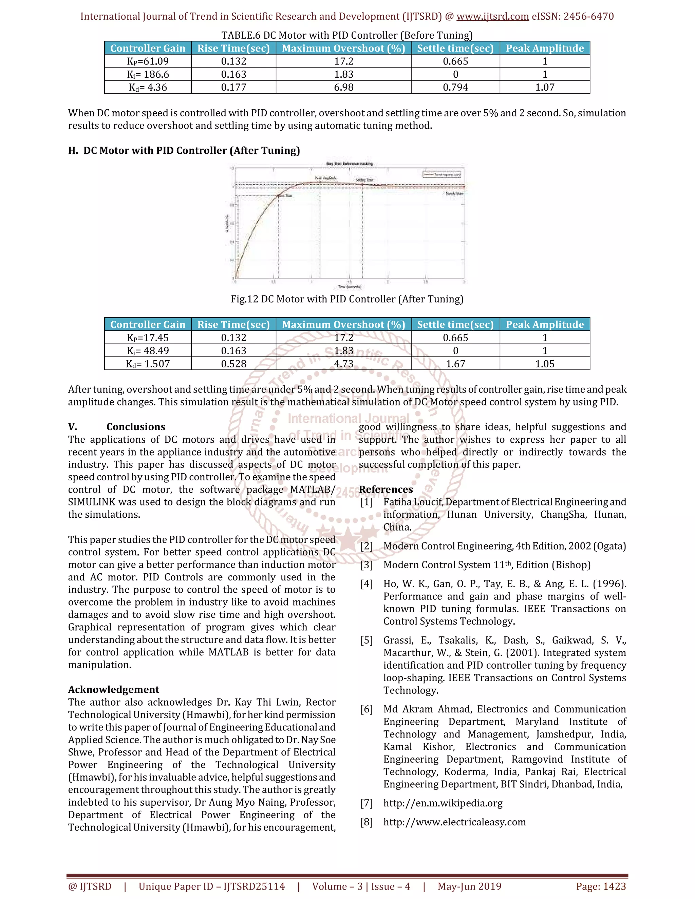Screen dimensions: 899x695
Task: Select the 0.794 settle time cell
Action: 455,87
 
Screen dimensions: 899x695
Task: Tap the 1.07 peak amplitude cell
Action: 544,87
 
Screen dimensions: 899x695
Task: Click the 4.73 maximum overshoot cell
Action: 343,364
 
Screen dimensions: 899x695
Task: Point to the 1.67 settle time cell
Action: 455,364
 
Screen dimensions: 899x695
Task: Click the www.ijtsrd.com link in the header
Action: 492,17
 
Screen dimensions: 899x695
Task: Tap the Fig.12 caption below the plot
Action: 347,299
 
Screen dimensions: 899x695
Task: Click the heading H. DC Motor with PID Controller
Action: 184,151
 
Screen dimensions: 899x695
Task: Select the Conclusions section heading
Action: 135,427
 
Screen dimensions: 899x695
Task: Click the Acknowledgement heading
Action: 114,689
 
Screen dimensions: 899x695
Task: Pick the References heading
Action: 386,490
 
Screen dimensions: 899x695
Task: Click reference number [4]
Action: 367,584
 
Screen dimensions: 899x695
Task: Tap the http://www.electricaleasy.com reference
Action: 454,822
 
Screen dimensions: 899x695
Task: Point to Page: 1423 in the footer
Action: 601,886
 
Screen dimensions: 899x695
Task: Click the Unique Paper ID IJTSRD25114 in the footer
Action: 212,886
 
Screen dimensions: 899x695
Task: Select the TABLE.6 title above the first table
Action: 347,35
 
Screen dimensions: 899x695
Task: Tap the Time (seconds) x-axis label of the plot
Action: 349,287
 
